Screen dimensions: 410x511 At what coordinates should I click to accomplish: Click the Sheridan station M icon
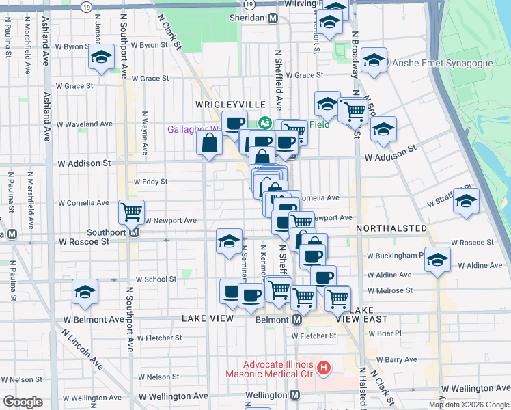[273, 18]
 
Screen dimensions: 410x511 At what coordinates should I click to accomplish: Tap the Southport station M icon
[135, 232]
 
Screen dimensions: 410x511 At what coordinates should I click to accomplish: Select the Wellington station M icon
[294, 395]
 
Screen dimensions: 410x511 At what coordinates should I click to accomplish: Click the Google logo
[23, 402]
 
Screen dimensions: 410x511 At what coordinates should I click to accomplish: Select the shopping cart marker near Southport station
[130, 211]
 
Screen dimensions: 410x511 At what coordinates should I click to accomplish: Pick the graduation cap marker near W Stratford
[466, 202]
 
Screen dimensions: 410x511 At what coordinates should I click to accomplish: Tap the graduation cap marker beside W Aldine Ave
[437, 261]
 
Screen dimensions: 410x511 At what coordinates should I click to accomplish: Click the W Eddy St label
[151, 182]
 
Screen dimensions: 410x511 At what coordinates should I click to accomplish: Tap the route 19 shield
[85, 6]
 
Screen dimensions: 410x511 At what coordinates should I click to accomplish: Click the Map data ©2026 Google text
[469, 405]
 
